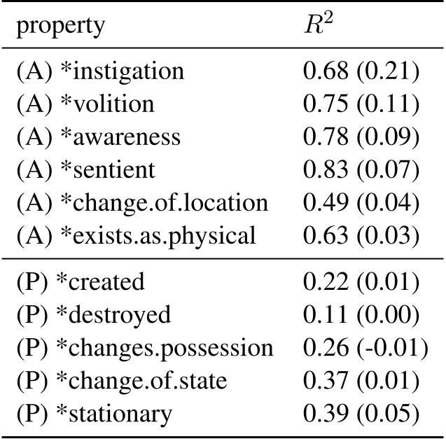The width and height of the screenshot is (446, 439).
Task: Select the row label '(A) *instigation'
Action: pos(100,71)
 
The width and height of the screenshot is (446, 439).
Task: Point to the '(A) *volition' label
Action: pos(85,104)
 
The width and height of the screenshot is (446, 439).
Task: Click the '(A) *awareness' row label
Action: pos(98,137)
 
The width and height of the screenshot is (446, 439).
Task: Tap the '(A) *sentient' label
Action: pos(86,170)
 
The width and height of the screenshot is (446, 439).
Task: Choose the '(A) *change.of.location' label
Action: pos(142,203)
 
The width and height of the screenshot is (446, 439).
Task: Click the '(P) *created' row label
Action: pos(80,282)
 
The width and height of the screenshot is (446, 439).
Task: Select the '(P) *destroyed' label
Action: pos(93,315)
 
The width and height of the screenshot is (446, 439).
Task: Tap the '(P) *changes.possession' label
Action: pos(144,348)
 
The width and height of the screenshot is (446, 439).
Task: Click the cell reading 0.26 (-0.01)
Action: pos(365,348)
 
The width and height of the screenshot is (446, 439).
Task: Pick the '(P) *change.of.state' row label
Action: pos(122,381)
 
